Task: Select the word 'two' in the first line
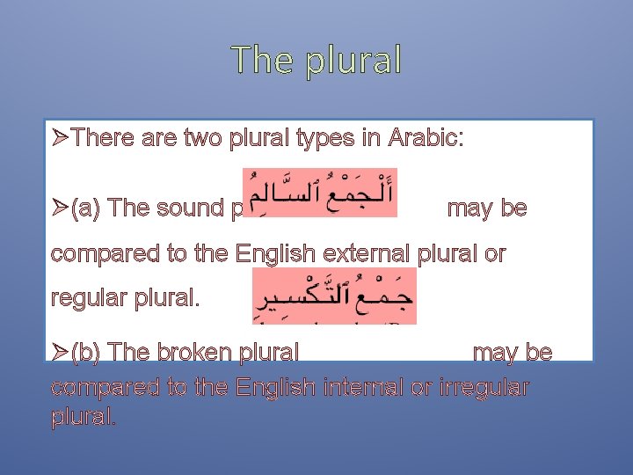(203, 138)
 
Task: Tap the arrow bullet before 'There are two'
(60, 138)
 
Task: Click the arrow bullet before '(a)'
(60, 208)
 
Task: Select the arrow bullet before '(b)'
(60, 354)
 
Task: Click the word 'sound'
(189, 208)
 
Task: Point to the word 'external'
(373, 254)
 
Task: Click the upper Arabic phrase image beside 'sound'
(319, 193)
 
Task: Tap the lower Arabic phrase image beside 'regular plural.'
(334, 296)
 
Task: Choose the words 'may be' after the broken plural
(513, 354)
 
